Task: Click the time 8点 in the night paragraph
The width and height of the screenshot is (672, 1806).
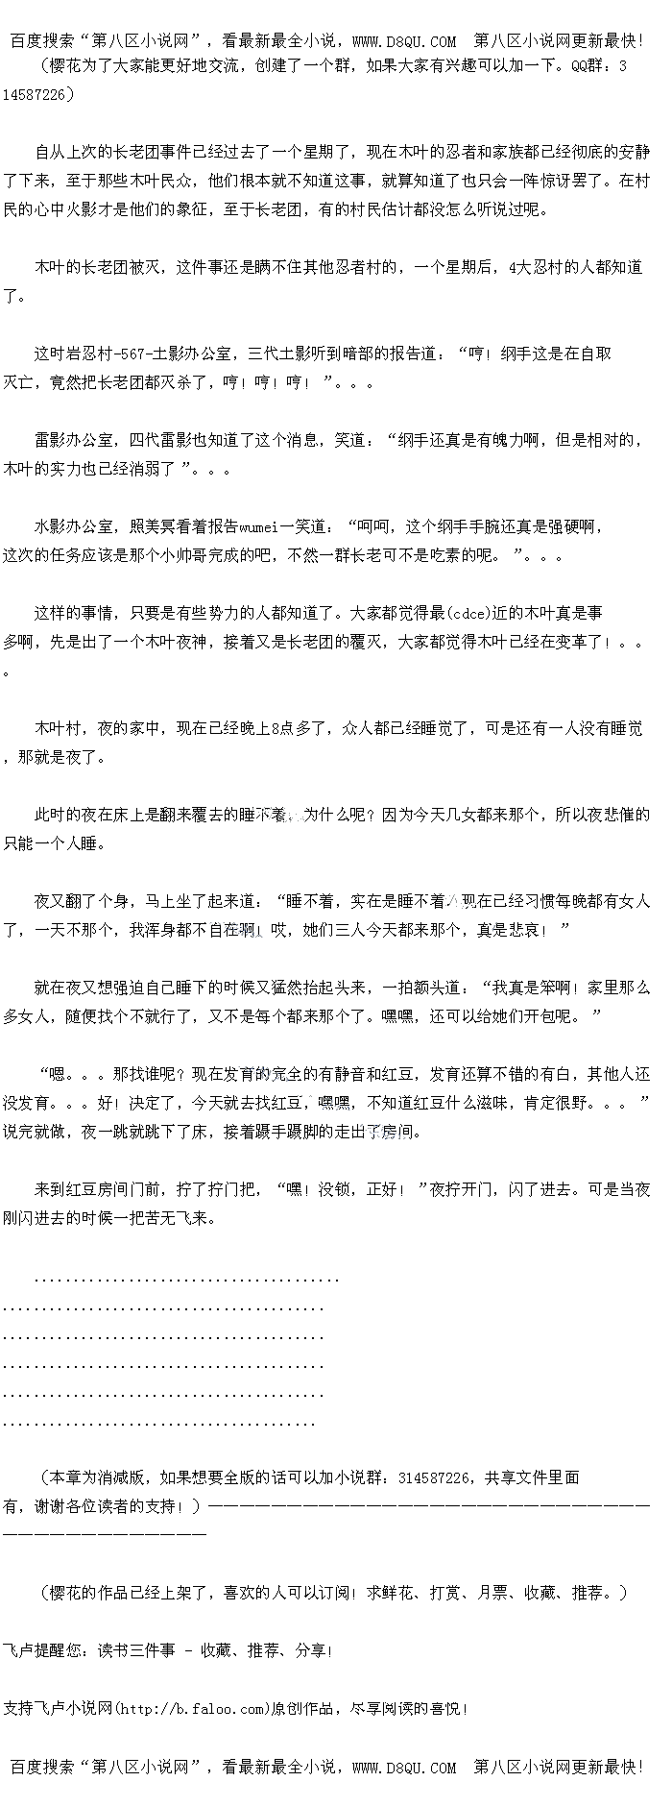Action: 281,728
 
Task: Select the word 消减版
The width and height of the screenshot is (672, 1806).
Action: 121,1477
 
